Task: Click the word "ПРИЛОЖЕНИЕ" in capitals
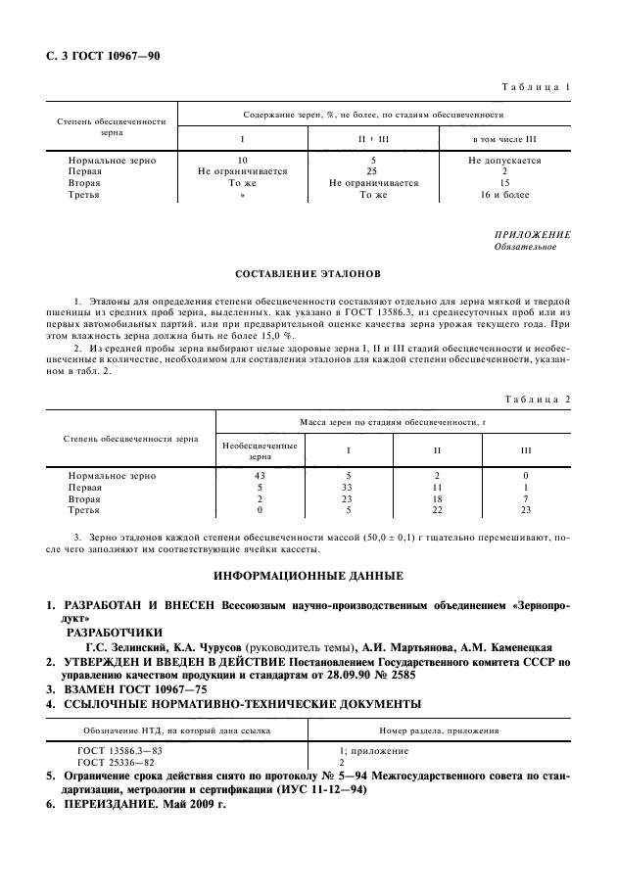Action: pyautogui.click(x=534, y=235)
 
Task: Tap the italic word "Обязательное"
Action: pyautogui.click(x=529, y=247)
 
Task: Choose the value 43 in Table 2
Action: pyautogui.click(x=260, y=475)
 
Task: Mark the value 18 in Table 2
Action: pyautogui.click(x=437, y=498)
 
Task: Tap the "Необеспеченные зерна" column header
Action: pyautogui.click(x=260, y=450)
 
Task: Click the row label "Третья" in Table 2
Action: pyautogui.click(x=83, y=510)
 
